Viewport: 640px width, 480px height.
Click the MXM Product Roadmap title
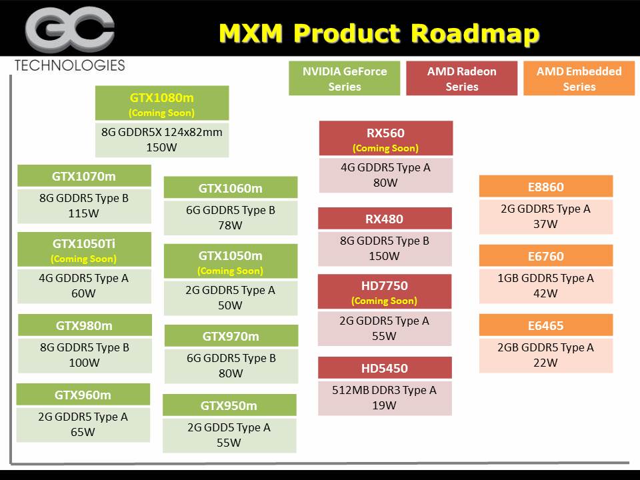(379, 33)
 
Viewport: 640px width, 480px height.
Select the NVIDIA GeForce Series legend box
(345, 79)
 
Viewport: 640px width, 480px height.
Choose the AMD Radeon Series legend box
(462, 79)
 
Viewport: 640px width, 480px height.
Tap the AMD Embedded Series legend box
(579, 79)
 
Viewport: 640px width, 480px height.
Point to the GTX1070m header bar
(84, 176)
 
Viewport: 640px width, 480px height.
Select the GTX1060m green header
(231, 188)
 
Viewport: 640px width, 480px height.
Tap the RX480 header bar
(385, 219)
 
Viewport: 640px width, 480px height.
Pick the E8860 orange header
(545, 187)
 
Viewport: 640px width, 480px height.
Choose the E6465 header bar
(545, 325)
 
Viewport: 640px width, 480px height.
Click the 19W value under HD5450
(384, 405)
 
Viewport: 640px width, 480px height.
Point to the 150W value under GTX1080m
(162, 147)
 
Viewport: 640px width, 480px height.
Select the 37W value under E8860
(545, 224)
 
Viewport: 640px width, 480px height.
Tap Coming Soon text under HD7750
(385, 301)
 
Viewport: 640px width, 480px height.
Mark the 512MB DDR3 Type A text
(384, 390)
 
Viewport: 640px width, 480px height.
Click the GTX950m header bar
(229, 405)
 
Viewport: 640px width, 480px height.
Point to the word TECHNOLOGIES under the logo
(69, 65)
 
